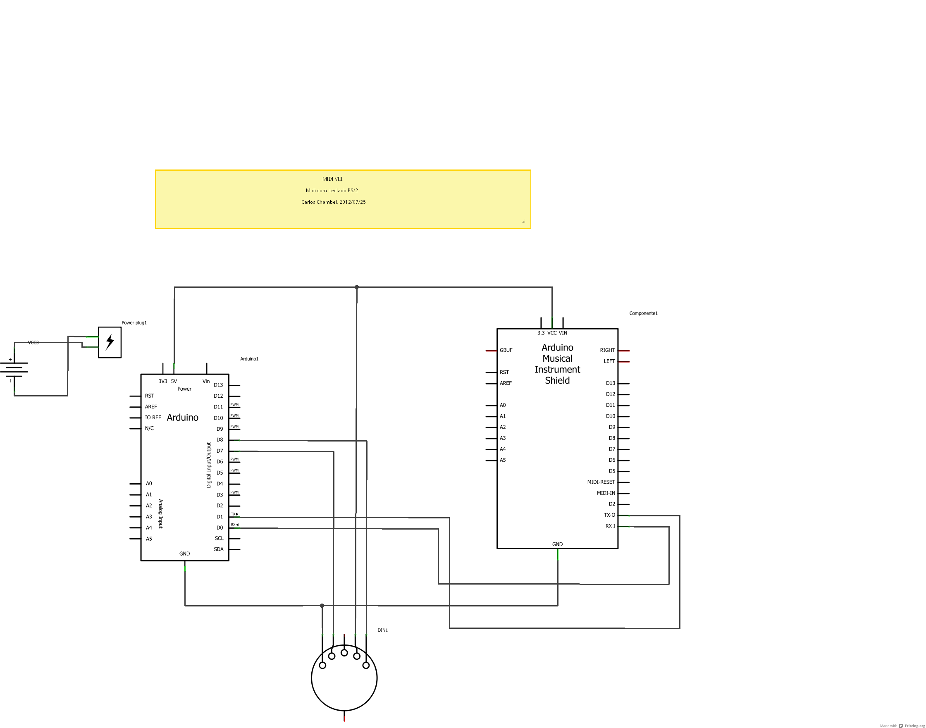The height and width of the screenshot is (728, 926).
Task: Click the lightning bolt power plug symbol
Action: click(110, 342)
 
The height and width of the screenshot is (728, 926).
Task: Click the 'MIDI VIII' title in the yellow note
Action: click(332, 179)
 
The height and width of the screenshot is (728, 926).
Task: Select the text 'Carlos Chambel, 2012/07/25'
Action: click(333, 202)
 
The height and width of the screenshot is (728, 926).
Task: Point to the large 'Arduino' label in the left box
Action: click(182, 418)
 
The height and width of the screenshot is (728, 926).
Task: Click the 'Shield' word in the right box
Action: click(557, 381)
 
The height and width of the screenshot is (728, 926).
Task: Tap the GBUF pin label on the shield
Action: click(506, 351)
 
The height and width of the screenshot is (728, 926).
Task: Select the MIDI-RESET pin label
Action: click(601, 482)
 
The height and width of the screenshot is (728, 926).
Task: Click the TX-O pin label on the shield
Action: click(609, 515)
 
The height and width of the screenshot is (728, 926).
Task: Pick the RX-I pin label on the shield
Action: click(610, 526)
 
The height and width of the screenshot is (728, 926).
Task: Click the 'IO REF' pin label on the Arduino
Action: click(153, 418)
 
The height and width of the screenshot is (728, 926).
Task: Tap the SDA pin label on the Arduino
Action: click(219, 549)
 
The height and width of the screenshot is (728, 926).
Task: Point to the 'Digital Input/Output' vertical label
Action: click(209, 465)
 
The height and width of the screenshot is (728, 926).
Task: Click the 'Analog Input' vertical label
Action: click(161, 514)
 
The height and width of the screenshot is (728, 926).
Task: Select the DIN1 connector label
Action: click(383, 630)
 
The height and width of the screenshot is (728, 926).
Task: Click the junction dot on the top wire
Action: click(357, 287)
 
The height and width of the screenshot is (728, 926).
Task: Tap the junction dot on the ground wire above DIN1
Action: click(322, 606)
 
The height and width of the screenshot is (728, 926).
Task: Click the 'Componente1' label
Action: click(643, 313)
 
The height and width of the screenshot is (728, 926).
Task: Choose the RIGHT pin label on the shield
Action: click(607, 351)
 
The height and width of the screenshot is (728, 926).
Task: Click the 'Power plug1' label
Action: click(134, 322)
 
